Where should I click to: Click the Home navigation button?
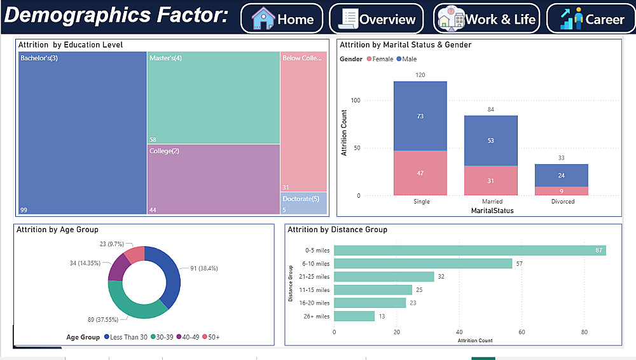click(282, 19)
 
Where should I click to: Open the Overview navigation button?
click(376, 19)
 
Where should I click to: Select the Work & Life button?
click(487, 19)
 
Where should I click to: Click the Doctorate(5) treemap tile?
click(303, 204)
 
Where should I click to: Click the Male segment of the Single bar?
click(420, 116)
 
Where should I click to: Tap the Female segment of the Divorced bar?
click(561, 191)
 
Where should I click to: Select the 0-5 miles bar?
click(469, 251)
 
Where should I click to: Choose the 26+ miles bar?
click(354, 316)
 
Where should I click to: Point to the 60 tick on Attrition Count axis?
click(522, 331)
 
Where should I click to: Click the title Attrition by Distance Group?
click(337, 230)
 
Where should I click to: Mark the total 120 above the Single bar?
click(420, 75)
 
